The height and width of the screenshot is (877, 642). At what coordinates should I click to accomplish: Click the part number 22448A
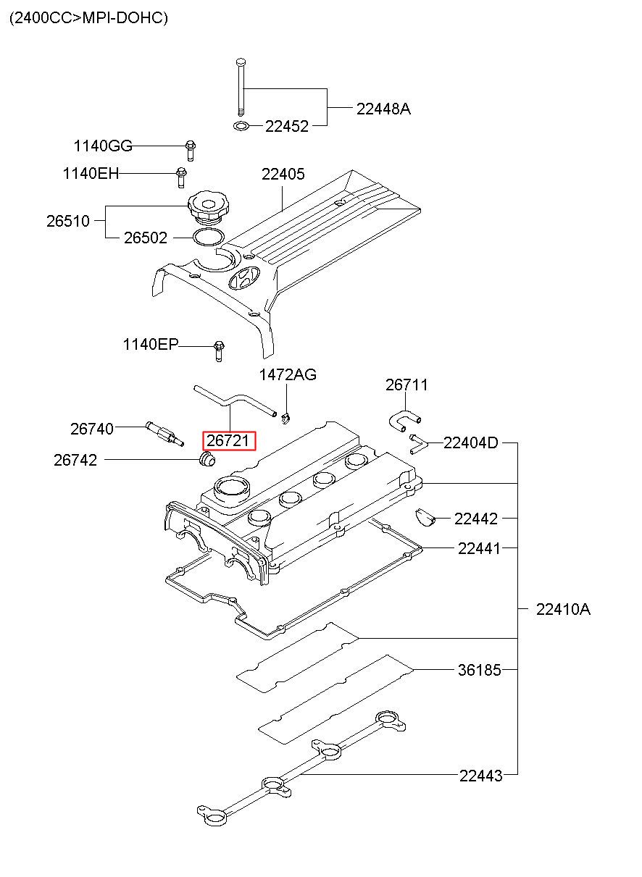pos(383,109)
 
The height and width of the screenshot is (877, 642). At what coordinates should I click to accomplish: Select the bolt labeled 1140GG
pos(191,151)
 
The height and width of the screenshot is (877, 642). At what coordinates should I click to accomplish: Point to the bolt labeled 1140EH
pos(181,177)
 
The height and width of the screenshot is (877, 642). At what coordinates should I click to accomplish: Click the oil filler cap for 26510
pos(209,208)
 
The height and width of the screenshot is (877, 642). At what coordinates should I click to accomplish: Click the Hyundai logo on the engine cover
pos(244,279)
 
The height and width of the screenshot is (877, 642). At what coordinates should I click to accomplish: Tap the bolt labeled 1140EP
pos(219,351)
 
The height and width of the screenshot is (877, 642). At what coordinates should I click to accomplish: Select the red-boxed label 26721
pos(229,441)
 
